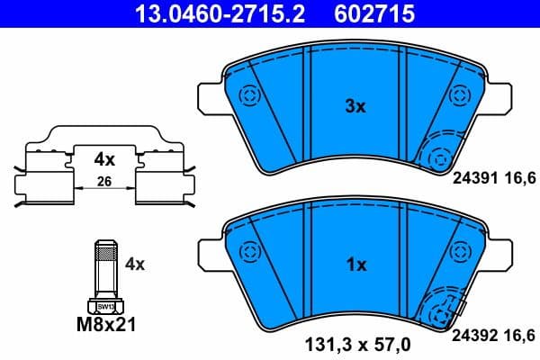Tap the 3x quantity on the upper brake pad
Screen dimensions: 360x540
(355, 106)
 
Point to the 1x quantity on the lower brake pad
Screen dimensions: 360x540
(355, 265)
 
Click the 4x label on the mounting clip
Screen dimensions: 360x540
(106, 159)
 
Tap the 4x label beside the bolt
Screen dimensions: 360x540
(135, 264)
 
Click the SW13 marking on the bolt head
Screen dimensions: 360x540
(105, 307)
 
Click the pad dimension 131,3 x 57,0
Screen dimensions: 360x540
(355, 342)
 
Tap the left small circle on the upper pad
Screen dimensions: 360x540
(247, 94)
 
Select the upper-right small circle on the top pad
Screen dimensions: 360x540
(460, 94)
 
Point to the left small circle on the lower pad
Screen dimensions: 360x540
(247, 254)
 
